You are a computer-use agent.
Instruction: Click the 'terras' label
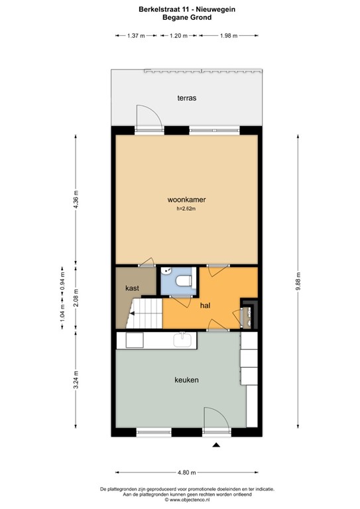[x=186, y=97]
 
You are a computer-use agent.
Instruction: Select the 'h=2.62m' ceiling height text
[x=186, y=209]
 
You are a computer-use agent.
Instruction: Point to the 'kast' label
[x=131, y=288]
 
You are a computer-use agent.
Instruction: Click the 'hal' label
[x=206, y=306]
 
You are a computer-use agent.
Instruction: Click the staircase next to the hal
[x=145, y=312]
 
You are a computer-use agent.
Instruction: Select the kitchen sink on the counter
[x=182, y=340]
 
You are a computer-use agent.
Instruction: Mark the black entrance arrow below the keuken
[x=215, y=446]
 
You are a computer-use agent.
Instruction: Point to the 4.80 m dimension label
[x=187, y=473]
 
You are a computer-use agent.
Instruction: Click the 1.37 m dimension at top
[x=135, y=36]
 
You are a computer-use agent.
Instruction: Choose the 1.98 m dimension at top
[x=229, y=36]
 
